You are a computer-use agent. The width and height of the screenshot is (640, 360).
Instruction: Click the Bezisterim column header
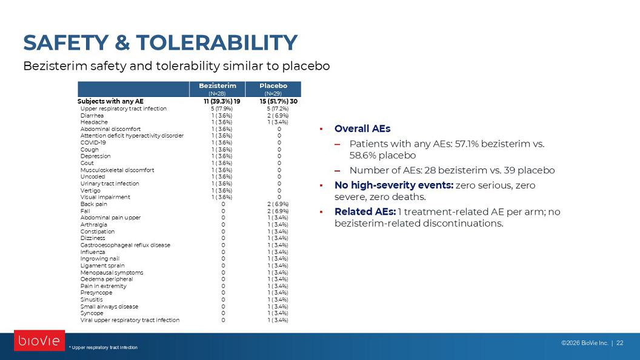[x=217, y=85]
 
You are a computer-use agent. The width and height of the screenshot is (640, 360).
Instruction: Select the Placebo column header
[x=273, y=85]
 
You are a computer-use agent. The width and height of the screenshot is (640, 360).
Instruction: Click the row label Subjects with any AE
[x=111, y=101]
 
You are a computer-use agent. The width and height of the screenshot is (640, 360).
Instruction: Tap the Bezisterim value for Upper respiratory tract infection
[x=222, y=108]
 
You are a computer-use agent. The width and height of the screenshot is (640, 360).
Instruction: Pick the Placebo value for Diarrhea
[x=278, y=116]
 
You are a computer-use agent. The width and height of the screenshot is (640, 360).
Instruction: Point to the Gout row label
[x=87, y=163]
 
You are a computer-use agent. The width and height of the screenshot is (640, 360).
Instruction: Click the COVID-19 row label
[x=93, y=142]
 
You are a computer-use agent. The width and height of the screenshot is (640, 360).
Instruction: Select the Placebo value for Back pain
[x=278, y=204]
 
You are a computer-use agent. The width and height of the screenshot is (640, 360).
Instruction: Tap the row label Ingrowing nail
[x=100, y=258]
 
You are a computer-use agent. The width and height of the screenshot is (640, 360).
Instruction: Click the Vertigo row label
[x=90, y=191]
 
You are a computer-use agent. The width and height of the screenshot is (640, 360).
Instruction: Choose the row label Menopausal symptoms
[x=112, y=272]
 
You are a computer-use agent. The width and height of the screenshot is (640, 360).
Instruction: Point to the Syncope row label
[x=92, y=313]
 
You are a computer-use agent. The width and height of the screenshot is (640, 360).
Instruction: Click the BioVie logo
[x=39, y=341]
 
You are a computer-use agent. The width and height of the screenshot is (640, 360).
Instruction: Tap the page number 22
[x=619, y=343]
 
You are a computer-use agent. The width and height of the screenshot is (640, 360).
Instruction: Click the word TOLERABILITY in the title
[x=217, y=42]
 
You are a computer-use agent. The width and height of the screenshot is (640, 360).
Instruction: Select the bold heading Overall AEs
[x=362, y=128]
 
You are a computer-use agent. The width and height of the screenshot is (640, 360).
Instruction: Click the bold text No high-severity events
[x=394, y=185]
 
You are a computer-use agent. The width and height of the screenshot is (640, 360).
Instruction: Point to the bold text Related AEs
[x=365, y=212]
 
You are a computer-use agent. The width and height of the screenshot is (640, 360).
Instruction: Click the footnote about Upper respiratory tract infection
[x=103, y=347]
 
